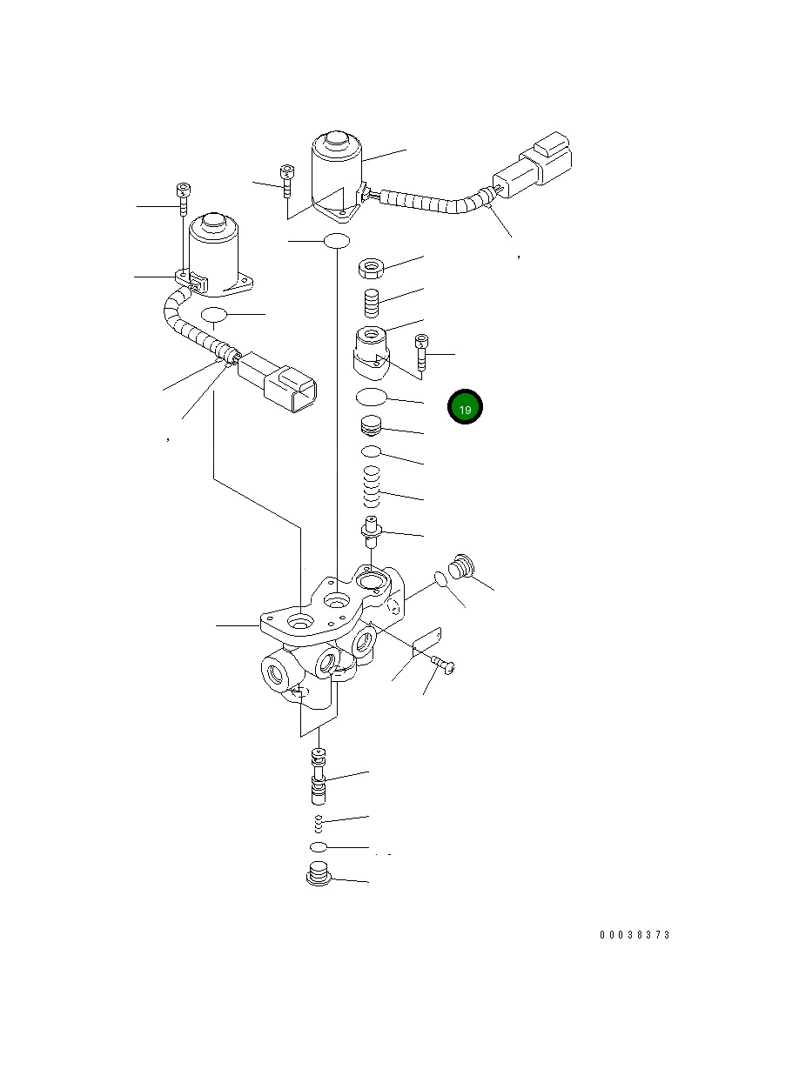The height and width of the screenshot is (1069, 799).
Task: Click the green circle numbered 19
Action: pyautogui.click(x=465, y=408)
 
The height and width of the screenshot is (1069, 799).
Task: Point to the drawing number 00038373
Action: pyautogui.click(x=634, y=935)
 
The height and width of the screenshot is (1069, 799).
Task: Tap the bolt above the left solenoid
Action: pyautogui.click(x=183, y=199)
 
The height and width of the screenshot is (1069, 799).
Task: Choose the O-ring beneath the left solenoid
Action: pyautogui.click(x=213, y=314)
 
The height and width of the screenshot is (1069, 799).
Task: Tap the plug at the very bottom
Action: pyautogui.click(x=321, y=875)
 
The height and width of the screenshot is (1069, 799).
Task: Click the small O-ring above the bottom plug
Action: pyautogui.click(x=319, y=846)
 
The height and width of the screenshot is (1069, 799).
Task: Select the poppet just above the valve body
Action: pyautogui.click(x=373, y=529)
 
